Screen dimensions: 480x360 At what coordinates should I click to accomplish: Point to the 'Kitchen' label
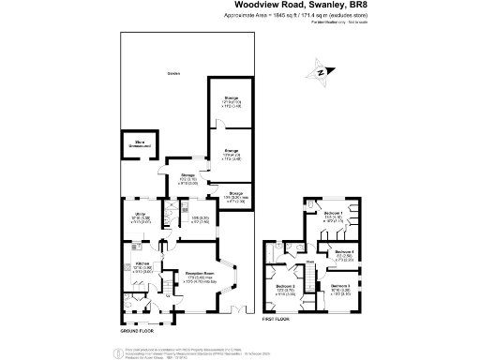(142, 264)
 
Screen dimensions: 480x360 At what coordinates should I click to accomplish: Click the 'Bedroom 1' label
(333, 214)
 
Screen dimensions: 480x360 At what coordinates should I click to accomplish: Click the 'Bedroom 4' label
(344, 251)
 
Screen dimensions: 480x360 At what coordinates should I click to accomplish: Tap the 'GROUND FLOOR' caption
(136, 331)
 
